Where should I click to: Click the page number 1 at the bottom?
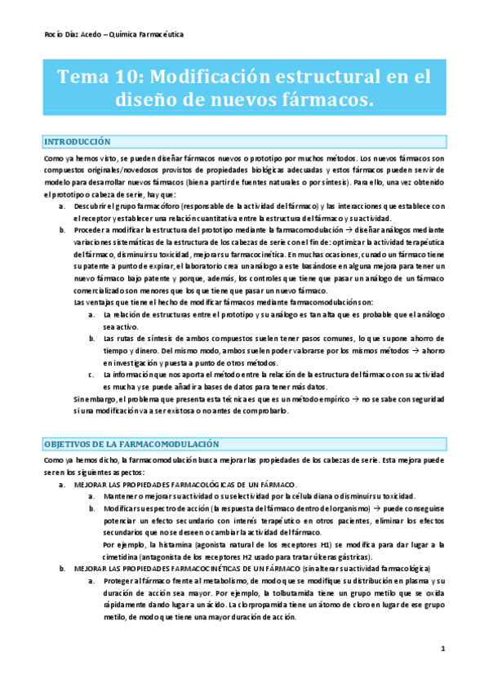442,649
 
